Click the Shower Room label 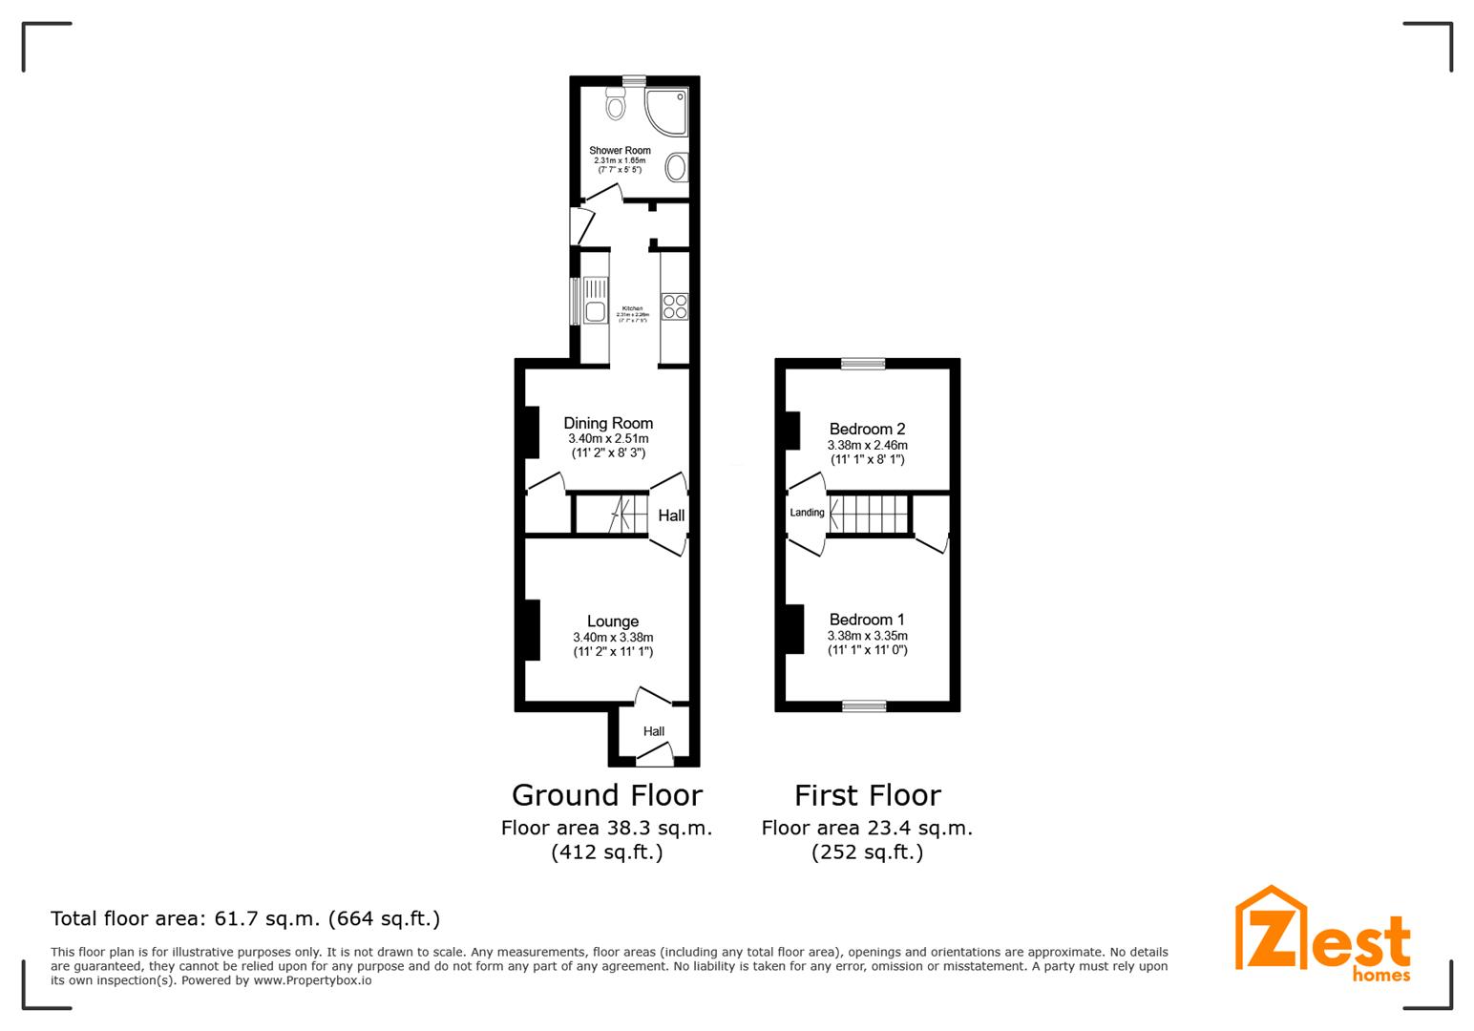point(620,150)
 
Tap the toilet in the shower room point(616,104)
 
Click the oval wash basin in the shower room point(676,167)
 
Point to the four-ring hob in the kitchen point(675,305)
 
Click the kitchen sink point(595,300)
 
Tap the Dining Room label point(608,423)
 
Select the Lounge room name point(613,621)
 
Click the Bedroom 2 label point(867,429)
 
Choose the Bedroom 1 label point(867,620)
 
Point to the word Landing point(807,513)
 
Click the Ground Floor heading point(607,794)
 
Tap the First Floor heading point(868,794)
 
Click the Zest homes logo point(1322,935)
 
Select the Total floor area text point(245,918)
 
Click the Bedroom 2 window point(863,363)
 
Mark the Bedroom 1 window point(864,706)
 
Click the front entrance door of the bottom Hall point(654,760)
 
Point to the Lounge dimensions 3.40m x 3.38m point(613,638)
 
